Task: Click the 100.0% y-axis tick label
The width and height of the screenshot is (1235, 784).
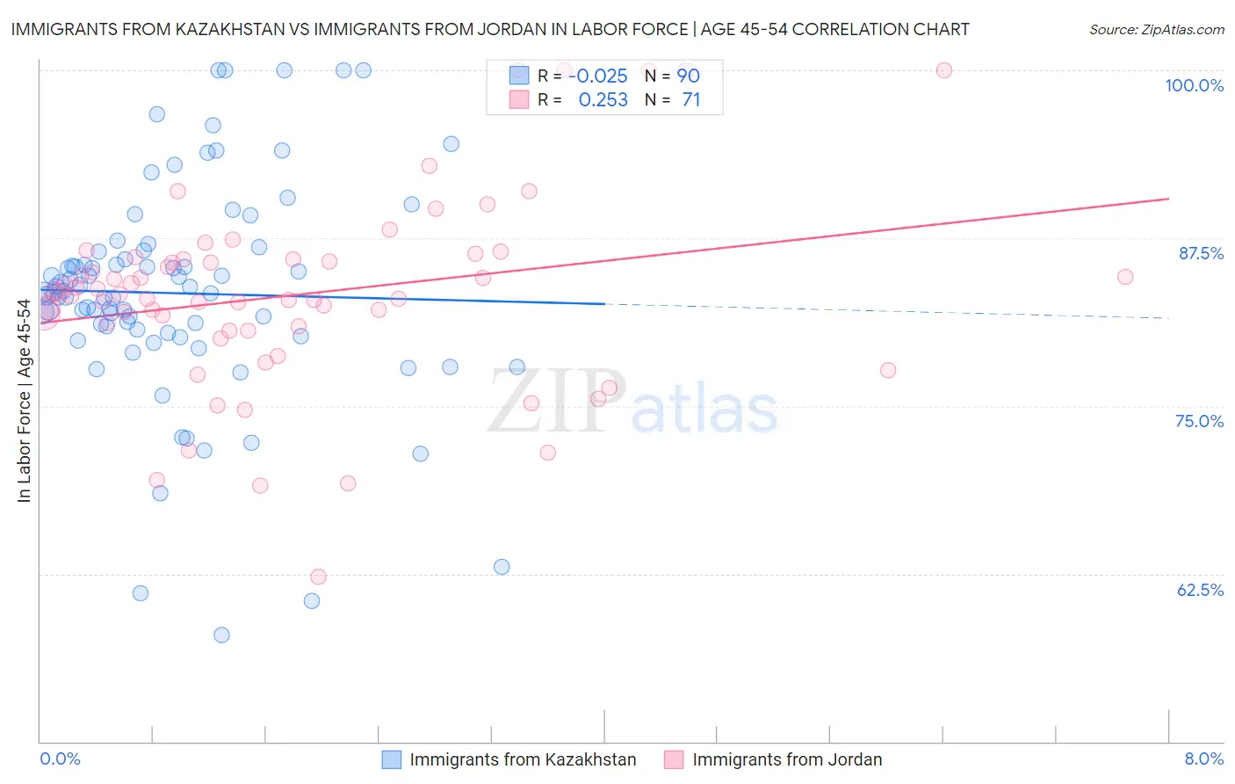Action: tap(1194, 85)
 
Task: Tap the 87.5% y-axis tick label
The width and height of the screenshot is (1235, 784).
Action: tap(1201, 253)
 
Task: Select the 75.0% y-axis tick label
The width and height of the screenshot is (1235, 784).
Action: tap(1199, 421)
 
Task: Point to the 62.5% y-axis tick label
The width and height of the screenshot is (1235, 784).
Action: tap(1200, 590)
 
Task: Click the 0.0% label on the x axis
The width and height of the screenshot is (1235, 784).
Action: tap(60, 759)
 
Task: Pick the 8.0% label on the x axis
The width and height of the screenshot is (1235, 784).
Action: tap(1203, 759)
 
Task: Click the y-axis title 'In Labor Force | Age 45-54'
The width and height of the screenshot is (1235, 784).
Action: tap(24, 401)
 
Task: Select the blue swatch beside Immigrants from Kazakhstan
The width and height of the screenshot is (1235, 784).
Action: tap(391, 759)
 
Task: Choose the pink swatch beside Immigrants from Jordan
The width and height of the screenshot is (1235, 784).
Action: tap(674, 759)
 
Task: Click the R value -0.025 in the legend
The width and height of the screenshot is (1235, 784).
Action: tap(598, 76)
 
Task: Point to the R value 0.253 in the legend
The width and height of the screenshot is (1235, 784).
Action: tap(603, 100)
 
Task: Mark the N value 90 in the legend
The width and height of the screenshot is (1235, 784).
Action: tap(688, 76)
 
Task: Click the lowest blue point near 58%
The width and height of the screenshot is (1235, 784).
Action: tap(221, 635)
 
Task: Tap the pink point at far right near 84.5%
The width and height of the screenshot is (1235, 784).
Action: tap(1125, 277)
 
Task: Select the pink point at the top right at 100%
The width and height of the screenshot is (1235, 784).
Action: tap(944, 70)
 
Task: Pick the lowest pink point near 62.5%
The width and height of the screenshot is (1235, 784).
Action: tap(319, 577)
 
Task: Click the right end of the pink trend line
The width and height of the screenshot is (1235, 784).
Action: tap(1168, 199)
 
